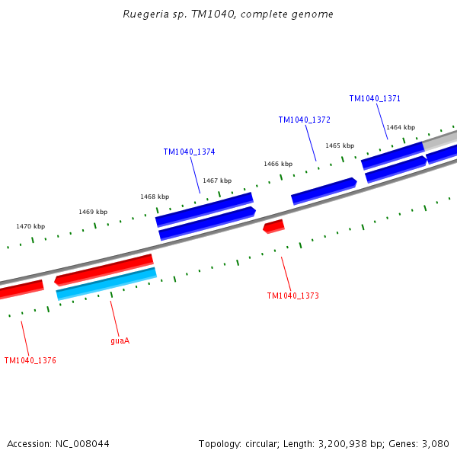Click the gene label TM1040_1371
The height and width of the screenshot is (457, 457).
pyautogui.click(x=375, y=98)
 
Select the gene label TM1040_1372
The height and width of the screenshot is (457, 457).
pyautogui.click(x=304, y=120)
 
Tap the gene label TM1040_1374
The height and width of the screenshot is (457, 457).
pyautogui.click(x=189, y=152)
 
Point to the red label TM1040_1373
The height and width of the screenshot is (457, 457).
pyautogui.click(x=292, y=296)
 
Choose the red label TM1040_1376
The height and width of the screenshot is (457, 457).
pyautogui.click(x=30, y=360)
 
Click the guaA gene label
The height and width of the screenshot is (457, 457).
pyautogui.click(x=120, y=340)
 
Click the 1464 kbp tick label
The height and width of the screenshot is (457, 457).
pyautogui.click(x=401, y=127)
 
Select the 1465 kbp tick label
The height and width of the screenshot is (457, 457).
pyautogui.click(x=340, y=145)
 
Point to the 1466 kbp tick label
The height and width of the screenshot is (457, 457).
pyautogui.click(x=278, y=164)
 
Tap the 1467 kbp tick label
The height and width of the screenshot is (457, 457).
pyautogui.click(x=217, y=181)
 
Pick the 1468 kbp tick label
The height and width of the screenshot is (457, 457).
pyautogui.click(x=154, y=197)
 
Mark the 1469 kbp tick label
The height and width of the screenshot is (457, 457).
pyautogui.click(x=93, y=212)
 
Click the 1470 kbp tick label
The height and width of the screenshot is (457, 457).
pyautogui.click(x=30, y=226)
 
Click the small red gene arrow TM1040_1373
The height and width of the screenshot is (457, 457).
pyautogui.click(x=273, y=226)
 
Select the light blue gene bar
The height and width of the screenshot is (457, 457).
pyautogui.click(x=106, y=283)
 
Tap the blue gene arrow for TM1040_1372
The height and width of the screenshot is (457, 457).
pyautogui.click(x=324, y=190)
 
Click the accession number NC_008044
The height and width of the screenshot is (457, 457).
pyautogui.click(x=81, y=443)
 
